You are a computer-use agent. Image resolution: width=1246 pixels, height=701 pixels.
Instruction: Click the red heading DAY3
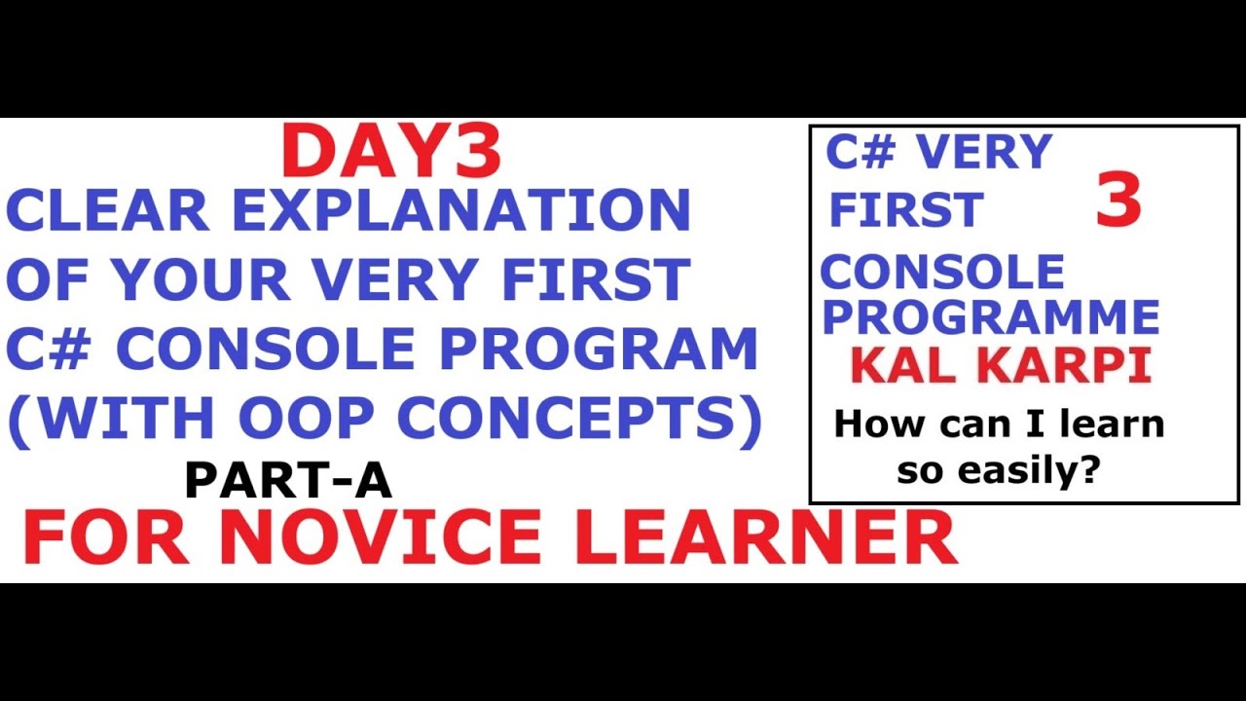coord(391,153)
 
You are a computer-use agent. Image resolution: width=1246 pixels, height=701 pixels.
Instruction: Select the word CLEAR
coord(108,209)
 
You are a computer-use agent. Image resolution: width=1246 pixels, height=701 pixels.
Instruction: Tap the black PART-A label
coord(288,480)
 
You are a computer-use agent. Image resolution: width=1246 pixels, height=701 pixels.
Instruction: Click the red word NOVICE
coord(379,537)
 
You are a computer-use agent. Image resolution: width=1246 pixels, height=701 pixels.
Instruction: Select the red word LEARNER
coord(765,537)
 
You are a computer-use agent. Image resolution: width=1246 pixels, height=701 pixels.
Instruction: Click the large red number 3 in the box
coord(1118,201)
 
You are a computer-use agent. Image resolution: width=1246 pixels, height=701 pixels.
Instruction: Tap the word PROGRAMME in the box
coord(991,317)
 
